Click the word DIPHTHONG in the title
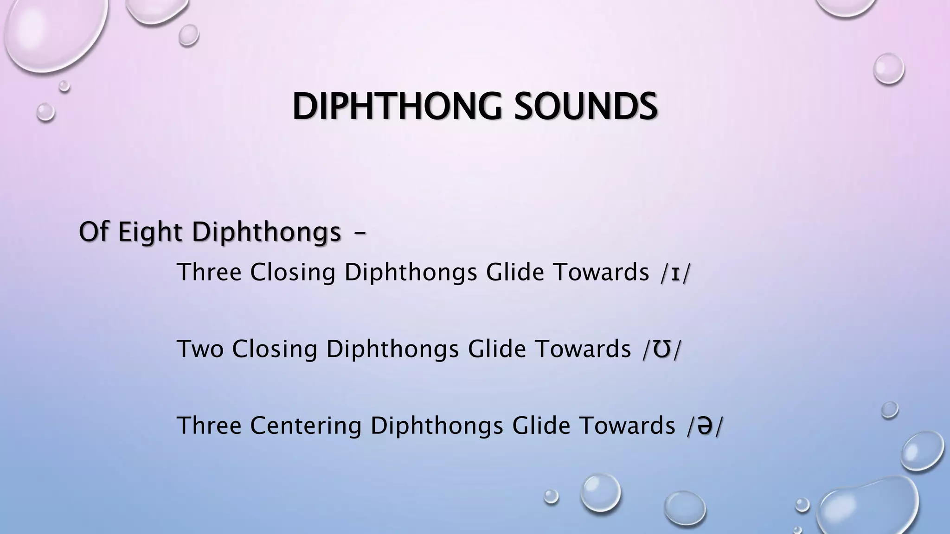[x=397, y=107]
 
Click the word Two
[x=200, y=349]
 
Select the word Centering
[x=306, y=426]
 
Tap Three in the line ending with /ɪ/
[x=209, y=272]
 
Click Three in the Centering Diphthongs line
[x=209, y=426]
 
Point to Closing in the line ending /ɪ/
[x=293, y=272]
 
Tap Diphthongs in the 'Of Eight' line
[x=267, y=231]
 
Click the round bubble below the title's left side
[x=45, y=112]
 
